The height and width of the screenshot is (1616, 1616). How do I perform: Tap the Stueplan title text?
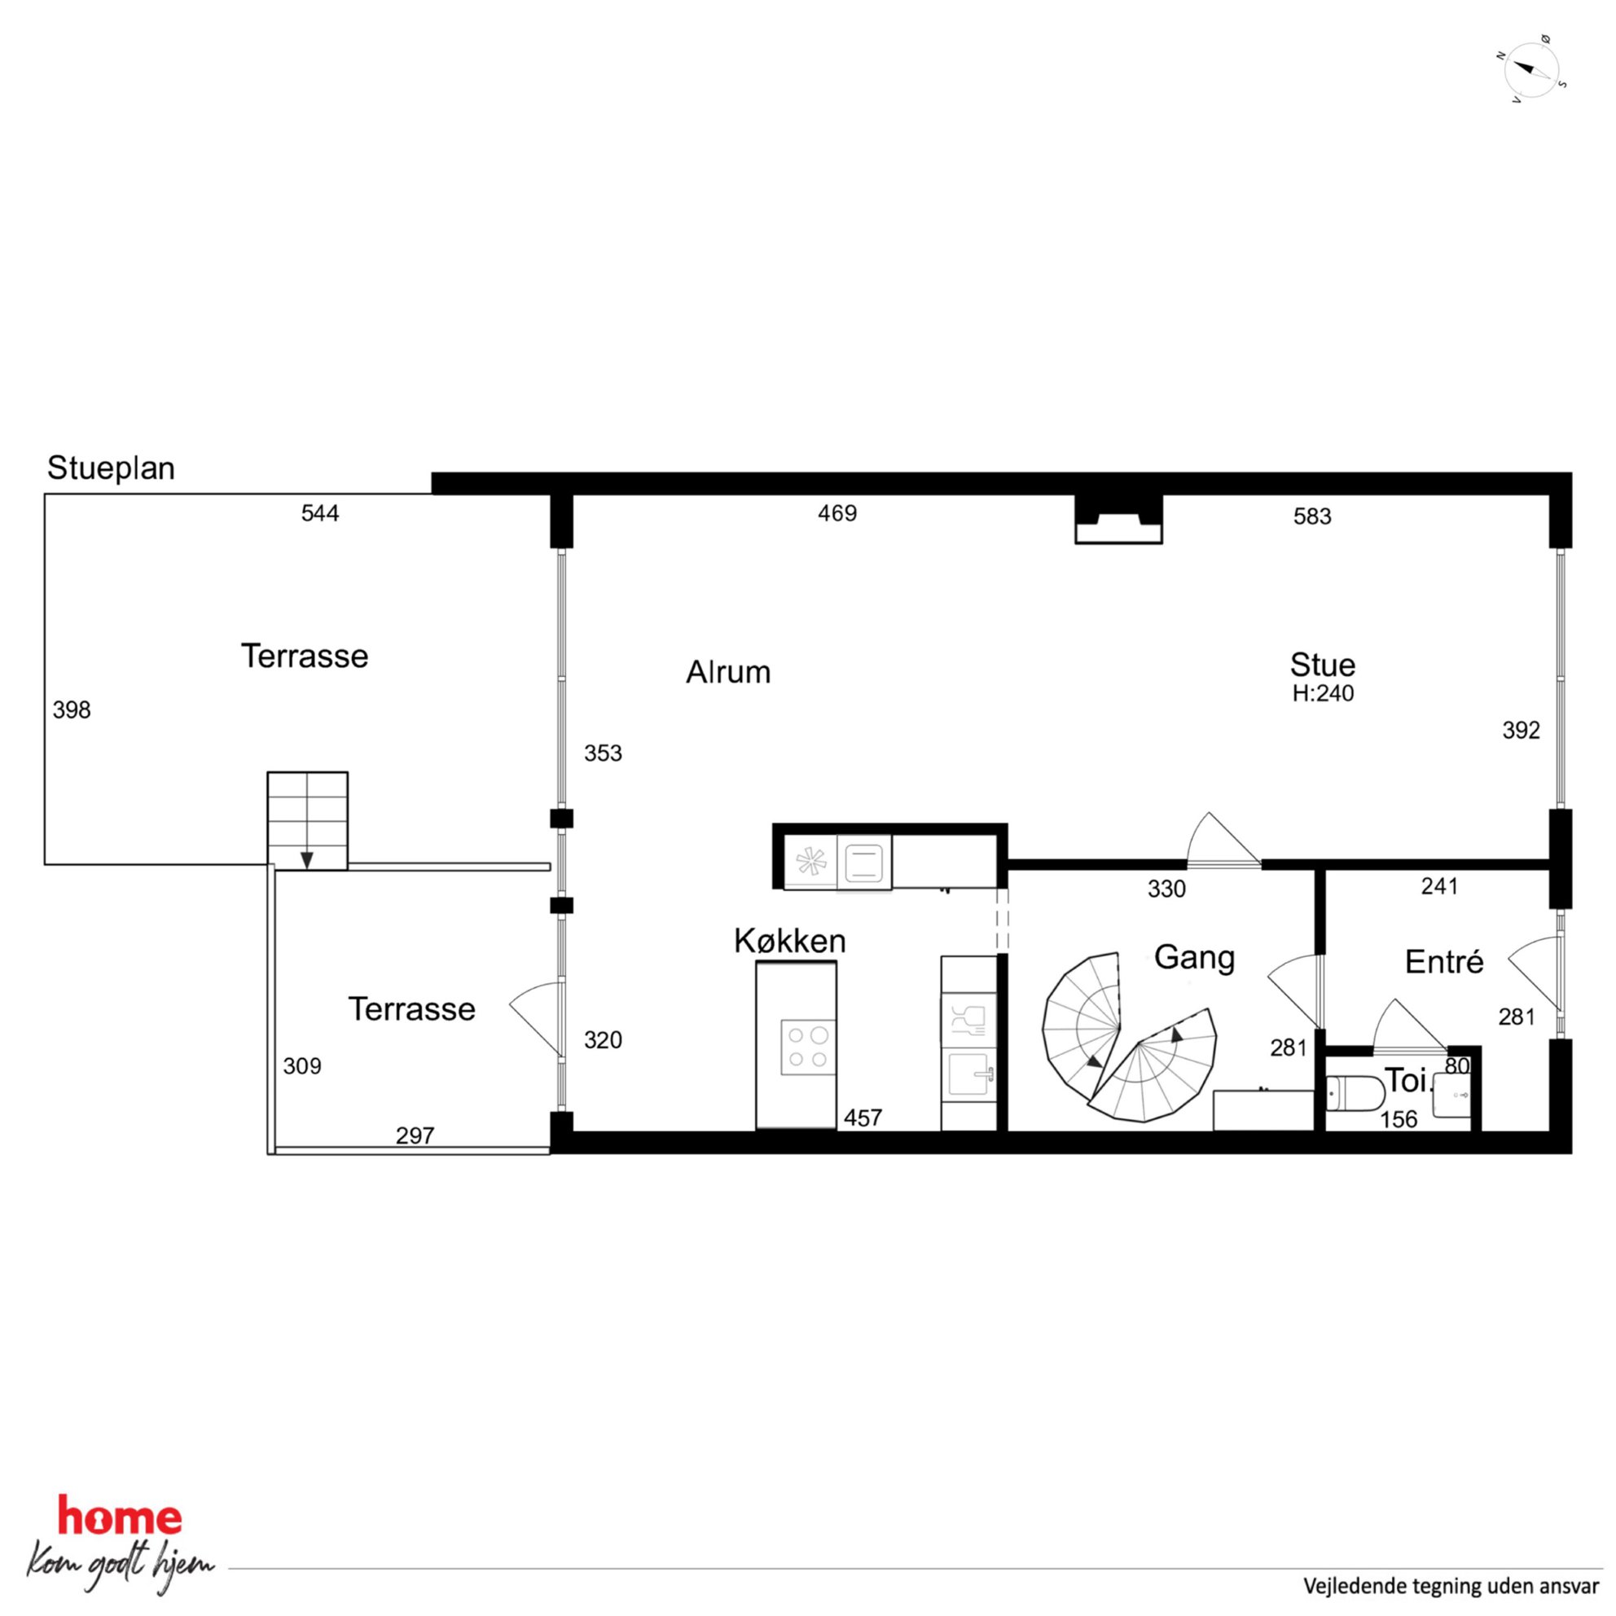(x=112, y=468)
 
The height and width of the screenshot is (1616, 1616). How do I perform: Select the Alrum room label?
(x=727, y=673)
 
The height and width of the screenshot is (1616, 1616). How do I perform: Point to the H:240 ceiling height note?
(x=1323, y=693)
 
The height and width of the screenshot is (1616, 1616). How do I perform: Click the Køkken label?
(x=789, y=941)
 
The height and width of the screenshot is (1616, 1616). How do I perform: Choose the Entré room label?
(x=1444, y=962)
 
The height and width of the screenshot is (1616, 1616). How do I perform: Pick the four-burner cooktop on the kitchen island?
(x=808, y=1047)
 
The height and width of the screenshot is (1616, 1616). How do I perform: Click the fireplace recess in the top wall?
(x=1118, y=520)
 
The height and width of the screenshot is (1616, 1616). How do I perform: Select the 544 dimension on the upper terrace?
(x=320, y=512)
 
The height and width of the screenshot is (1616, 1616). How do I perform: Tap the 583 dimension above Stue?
(x=1312, y=516)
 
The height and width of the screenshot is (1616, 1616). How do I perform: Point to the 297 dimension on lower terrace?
(x=415, y=1135)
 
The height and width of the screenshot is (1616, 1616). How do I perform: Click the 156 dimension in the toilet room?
(x=1399, y=1119)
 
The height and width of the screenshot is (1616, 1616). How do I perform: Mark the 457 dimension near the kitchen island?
(x=863, y=1118)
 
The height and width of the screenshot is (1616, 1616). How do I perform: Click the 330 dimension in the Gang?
(x=1166, y=889)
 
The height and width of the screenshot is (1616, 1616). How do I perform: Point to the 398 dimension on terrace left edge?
(x=71, y=710)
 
